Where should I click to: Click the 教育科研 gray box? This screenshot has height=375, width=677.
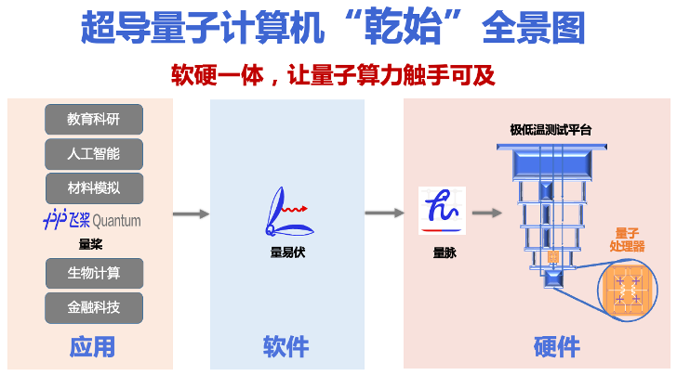[94, 120]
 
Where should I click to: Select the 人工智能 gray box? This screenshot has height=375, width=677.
[94, 154]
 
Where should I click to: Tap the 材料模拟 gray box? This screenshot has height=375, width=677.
[94, 188]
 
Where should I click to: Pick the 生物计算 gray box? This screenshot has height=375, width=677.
[94, 273]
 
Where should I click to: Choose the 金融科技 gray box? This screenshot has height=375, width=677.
[94, 308]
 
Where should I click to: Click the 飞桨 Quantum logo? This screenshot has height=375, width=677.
[92, 219]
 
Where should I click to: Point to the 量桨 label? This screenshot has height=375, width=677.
[91, 244]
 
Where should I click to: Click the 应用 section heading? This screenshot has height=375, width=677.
[92, 346]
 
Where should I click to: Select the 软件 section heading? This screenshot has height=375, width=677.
[285, 346]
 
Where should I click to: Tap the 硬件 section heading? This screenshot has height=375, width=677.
[556, 346]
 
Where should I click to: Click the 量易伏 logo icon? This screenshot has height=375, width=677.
[288, 212]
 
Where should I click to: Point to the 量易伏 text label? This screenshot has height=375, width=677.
[287, 252]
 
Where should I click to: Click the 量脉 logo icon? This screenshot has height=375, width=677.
[442, 211]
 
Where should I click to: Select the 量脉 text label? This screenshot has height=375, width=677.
[445, 252]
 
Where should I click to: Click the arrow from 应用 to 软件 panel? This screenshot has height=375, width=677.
[191, 213]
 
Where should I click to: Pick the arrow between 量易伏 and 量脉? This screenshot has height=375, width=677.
[384, 213]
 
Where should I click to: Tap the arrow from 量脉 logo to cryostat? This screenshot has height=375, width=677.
[487, 213]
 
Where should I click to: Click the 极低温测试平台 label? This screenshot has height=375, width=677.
[551, 130]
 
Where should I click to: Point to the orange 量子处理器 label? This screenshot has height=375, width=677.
[628, 240]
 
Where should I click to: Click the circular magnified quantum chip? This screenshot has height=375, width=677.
[628, 290]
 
